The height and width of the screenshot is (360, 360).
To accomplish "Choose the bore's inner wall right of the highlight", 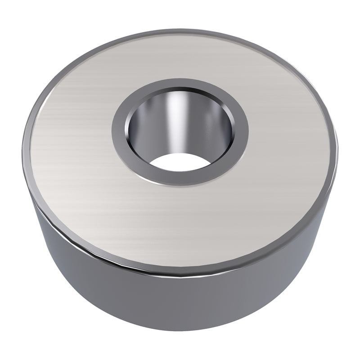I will point(211,126).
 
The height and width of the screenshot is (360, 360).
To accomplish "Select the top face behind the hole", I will point(180,54).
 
